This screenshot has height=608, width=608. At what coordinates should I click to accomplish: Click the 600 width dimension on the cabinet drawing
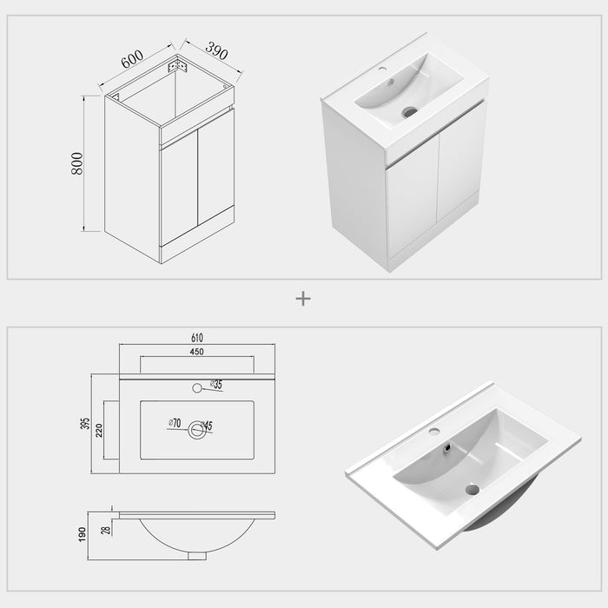coord(132,60)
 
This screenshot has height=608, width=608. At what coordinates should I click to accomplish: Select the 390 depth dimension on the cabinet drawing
coord(216,51)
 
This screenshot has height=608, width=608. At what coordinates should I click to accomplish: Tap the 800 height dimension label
coord(76,164)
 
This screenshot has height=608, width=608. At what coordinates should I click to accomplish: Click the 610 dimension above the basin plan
coord(197,338)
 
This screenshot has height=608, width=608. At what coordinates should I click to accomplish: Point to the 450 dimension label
coord(197,352)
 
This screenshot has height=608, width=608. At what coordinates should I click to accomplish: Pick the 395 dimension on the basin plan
coord(85,424)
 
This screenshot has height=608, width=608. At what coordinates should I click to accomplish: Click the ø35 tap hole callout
coord(215,384)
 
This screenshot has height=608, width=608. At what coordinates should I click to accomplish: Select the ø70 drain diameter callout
coord(174,424)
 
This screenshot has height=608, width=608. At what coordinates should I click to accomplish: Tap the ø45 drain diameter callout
coord(206,426)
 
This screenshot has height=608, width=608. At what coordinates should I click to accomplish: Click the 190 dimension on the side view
coord(82,532)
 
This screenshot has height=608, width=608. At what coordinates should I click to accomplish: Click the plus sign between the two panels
coord(303,298)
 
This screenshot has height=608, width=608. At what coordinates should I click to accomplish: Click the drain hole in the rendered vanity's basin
coord(409,111)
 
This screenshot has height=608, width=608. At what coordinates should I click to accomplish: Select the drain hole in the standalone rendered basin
coord(472,489)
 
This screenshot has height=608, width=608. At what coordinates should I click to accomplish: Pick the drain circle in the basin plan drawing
coord(197,430)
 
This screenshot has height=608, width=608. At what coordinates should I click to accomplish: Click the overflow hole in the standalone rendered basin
coord(447,448)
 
